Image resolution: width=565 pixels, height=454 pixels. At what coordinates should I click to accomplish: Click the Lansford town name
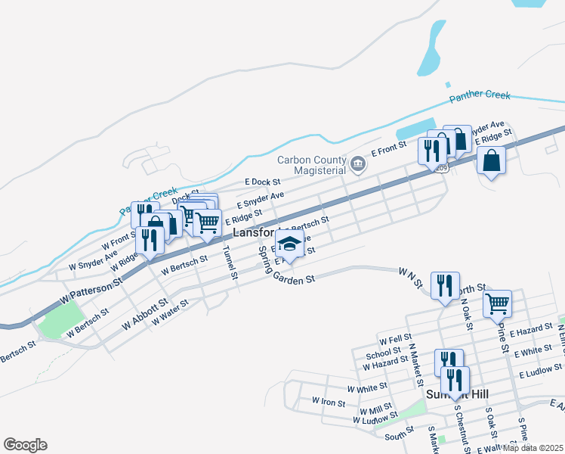pyautogui.click(x=253, y=233)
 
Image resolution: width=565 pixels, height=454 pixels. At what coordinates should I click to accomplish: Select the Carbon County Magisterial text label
pyautogui.click(x=311, y=165)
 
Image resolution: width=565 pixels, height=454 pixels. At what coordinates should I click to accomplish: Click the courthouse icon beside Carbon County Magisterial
pyautogui.click(x=358, y=161)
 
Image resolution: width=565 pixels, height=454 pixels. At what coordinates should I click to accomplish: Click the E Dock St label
pyautogui.click(x=263, y=182)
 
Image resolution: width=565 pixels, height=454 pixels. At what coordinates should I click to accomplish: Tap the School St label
pyautogui.click(x=383, y=353)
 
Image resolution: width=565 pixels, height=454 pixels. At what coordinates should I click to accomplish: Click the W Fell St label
pyautogui.click(x=396, y=338)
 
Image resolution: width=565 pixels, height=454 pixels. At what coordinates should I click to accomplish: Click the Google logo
pyautogui.click(x=25, y=445)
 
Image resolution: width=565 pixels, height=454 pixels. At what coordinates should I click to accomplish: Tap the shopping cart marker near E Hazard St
pyautogui.click(x=497, y=304)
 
